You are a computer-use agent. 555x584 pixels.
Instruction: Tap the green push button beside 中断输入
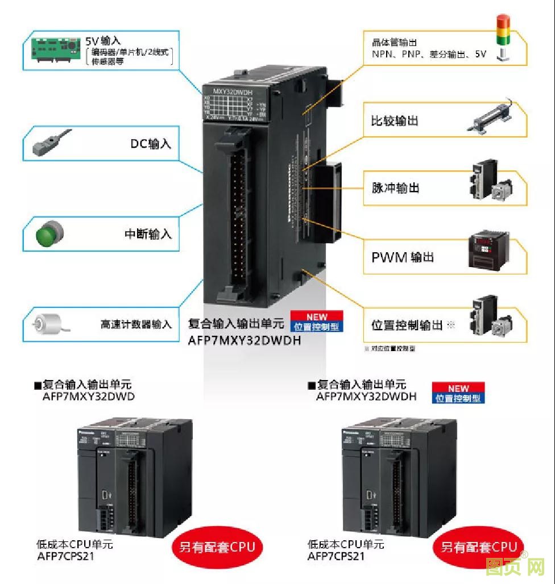(x=49, y=233)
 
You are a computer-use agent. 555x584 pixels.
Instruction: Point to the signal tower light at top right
(x=503, y=37)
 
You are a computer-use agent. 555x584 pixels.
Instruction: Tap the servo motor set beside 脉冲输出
(x=491, y=182)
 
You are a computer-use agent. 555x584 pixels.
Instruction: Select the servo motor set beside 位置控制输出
(x=491, y=318)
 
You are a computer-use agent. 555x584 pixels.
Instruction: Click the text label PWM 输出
(x=403, y=257)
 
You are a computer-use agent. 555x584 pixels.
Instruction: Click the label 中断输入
(x=148, y=234)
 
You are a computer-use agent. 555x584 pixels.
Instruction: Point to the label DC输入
(x=151, y=144)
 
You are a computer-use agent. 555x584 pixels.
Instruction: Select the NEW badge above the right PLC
(x=458, y=388)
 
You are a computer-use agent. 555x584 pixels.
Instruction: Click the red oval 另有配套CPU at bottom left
(x=217, y=548)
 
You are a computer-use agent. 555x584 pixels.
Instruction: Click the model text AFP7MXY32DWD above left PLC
(x=89, y=397)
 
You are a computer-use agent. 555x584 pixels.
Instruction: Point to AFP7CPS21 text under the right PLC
(x=336, y=556)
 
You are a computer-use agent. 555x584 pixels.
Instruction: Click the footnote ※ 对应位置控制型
(x=390, y=348)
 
